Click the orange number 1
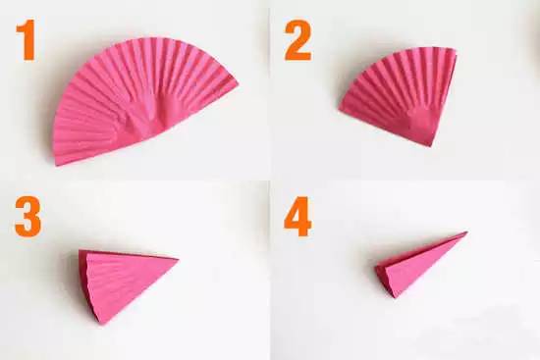point(27,39)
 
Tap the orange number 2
point(297,40)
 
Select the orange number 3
point(27,217)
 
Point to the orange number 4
point(297,217)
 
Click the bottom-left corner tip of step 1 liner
point(57,165)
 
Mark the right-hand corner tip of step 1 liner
point(238,83)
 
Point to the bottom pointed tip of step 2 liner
point(430,146)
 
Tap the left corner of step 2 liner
point(340,109)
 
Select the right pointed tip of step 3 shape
point(178,259)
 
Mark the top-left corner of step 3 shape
point(80,250)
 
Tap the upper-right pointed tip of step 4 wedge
point(466,232)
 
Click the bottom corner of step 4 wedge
point(395,297)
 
